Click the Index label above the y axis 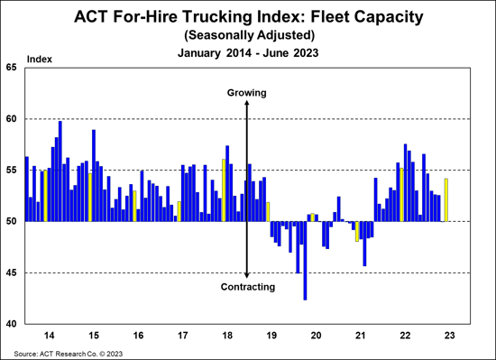click(x=41, y=60)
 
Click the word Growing click(x=246, y=93)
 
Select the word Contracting click(x=246, y=287)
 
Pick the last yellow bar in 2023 click(x=446, y=199)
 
